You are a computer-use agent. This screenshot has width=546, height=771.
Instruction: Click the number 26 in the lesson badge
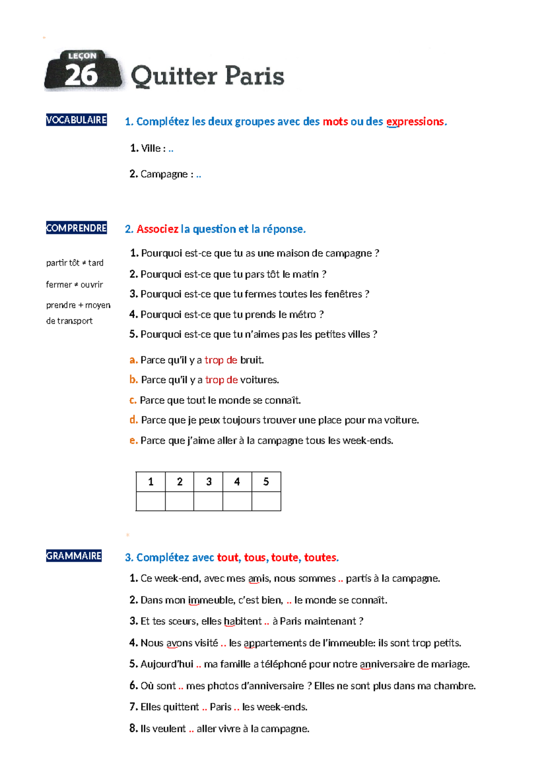pos(81,75)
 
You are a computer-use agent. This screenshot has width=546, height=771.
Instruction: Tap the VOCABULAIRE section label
pos(76,120)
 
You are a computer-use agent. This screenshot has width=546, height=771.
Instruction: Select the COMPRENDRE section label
pos(76,228)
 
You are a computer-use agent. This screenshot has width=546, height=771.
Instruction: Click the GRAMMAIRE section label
pos(74,556)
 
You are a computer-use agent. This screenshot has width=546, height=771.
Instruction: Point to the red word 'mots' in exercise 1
pos(335,122)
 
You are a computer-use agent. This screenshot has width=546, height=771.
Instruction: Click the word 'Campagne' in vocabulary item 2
pos(164,174)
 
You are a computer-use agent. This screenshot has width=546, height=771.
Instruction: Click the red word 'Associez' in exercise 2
pos(157,229)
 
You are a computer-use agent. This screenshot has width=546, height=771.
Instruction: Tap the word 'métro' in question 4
pos(303,315)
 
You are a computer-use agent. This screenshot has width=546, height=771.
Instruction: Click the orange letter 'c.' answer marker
pos(133,401)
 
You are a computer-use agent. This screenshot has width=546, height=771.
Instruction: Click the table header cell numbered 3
pos(209,482)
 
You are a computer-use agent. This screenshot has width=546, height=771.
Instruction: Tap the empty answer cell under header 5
pos(266,501)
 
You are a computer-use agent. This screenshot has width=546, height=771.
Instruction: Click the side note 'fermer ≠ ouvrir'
pos(75,285)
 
